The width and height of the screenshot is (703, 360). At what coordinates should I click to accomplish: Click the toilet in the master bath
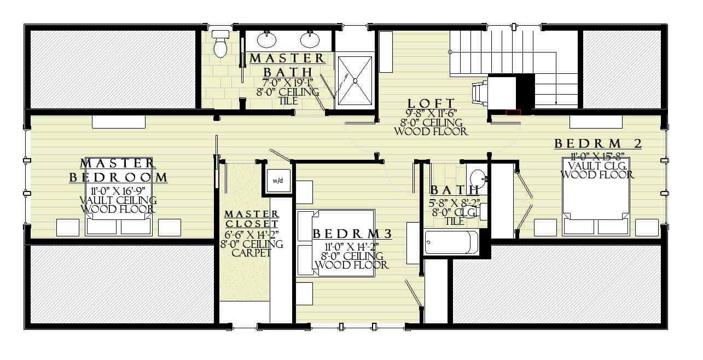[220, 44]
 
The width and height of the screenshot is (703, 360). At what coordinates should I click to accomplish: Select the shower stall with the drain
[355, 80]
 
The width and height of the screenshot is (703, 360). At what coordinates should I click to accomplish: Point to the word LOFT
[431, 103]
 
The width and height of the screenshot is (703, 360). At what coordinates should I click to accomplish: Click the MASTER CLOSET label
[252, 219]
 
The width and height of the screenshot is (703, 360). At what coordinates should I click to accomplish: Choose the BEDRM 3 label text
[352, 234]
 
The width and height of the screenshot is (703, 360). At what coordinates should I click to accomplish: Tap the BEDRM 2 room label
[598, 144]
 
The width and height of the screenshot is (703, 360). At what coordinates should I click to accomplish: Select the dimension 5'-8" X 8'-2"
[455, 202]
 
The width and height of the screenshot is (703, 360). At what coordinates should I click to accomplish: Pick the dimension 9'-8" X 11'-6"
[431, 113]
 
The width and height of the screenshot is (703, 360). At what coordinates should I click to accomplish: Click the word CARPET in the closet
[252, 253]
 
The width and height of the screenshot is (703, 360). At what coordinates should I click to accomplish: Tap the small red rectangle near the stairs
[513, 112]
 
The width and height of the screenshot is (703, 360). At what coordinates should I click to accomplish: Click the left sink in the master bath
[267, 39]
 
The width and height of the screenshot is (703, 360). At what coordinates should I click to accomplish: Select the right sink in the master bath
[310, 39]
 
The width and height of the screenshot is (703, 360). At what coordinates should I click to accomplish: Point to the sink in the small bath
[478, 177]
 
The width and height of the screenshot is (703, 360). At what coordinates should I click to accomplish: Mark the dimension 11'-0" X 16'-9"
[118, 191]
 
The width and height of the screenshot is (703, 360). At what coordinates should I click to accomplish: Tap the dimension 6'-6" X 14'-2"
[252, 235]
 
